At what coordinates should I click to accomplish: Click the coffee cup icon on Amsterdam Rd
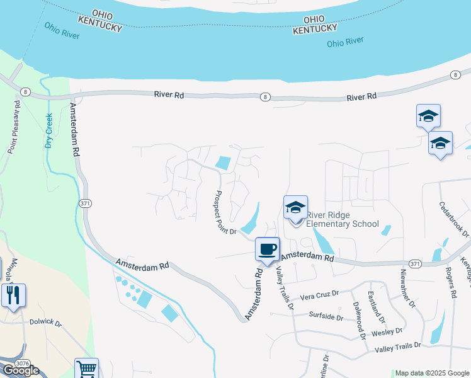click(268, 249)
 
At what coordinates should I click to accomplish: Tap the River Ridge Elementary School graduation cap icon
click(295, 207)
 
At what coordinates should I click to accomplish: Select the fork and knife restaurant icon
click(13, 294)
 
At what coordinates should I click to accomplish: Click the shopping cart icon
click(87, 369)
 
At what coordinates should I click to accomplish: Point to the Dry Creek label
click(48, 131)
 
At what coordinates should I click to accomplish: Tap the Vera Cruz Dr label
click(319, 294)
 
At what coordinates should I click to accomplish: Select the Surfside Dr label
click(326, 315)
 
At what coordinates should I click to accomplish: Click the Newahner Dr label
click(408, 289)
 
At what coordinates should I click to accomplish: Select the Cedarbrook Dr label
click(455, 219)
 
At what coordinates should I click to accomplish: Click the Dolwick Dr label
click(46, 323)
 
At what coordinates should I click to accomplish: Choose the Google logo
click(20, 370)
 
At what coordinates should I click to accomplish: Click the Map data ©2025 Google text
click(432, 373)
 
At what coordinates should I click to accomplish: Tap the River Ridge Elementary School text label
click(343, 219)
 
